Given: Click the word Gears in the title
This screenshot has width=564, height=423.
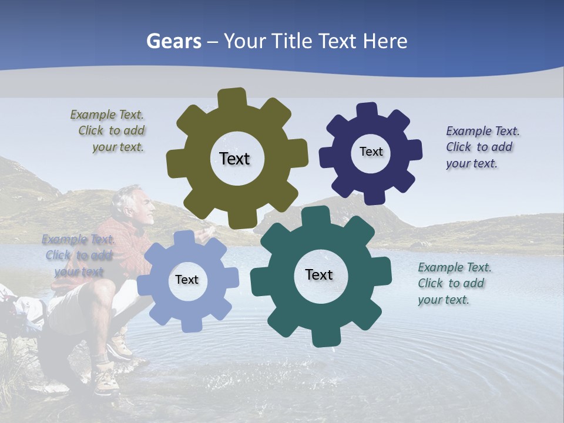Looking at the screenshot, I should click(174, 42).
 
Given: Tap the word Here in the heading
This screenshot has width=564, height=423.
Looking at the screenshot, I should click(385, 42).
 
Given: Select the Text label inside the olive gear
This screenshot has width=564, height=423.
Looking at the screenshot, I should click(234, 159).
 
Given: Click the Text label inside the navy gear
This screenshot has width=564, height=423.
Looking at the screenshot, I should click(371, 152).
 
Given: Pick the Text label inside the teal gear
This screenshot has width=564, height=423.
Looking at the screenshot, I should click(319, 274).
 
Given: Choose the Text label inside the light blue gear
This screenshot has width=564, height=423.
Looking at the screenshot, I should click(187, 280).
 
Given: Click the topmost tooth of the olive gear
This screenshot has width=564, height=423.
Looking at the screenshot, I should click(232, 98).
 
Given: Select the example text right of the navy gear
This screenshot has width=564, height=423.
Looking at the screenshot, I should click(482, 147).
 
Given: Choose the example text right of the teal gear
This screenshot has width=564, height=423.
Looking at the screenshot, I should click(454, 283).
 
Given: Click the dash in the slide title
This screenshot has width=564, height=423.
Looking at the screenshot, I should click(213, 42).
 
